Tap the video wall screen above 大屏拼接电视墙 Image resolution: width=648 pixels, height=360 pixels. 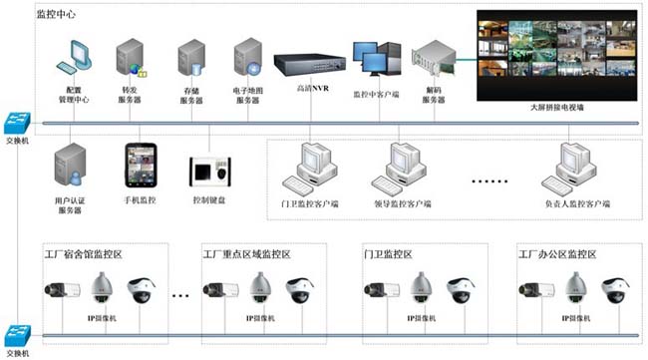[x=556, y=50]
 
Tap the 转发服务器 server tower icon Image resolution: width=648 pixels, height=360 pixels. [x=131, y=59]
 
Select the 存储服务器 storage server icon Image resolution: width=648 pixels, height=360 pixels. [x=190, y=59]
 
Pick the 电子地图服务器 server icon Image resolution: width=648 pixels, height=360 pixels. [x=247, y=59]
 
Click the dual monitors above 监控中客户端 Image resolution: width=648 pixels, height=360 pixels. [x=376, y=59]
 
